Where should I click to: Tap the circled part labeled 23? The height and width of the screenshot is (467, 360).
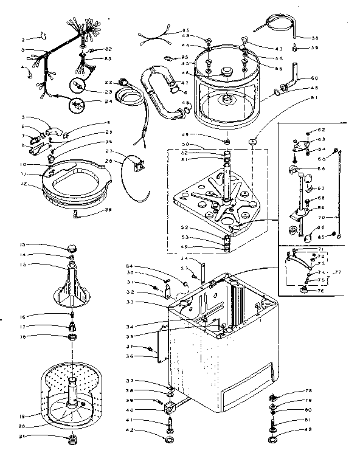(x=78, y=86)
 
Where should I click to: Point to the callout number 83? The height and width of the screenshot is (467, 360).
(x=108, y=58)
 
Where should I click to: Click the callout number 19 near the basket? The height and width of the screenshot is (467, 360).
(x=22, y=416)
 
